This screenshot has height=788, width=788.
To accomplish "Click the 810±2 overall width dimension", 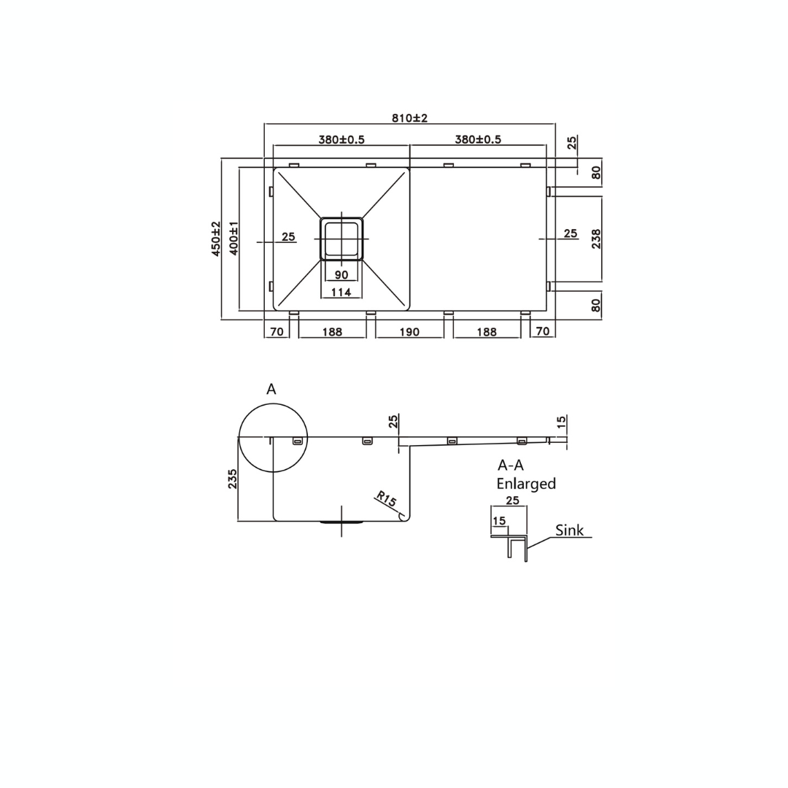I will click(x=409, y=118).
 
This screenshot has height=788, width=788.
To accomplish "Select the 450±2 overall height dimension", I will click(x=216, y=238).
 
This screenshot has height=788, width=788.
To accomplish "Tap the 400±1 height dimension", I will click(x=234, y=238).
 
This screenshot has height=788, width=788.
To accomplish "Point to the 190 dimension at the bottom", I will click(x=409, y=332).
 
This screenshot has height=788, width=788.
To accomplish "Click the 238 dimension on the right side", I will click(x=596, y=239).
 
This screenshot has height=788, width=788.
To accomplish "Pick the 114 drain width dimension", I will click(x=341, y=292).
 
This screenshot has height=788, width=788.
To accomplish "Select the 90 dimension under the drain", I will click(x=341, y=275).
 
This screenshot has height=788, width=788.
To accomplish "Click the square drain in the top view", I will click(x=341, y=239).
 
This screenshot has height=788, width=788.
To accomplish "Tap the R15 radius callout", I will click(x=385, y=501).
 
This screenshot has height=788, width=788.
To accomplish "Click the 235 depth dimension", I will click(x=233, y=479).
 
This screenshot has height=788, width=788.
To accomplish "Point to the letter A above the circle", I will click(x=271, y=390).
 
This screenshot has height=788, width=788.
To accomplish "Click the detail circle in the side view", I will click(x=273, y=438).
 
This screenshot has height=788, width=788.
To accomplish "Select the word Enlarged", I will click(x=526, y=484).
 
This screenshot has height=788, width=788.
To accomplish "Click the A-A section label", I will click(x=511, y=465).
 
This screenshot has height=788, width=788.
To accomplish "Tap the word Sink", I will click(x=569, y=530).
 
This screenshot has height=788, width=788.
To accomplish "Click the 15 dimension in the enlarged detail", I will click(x=499, y=521).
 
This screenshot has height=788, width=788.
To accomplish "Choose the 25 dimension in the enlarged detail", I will click(x=512, y=501).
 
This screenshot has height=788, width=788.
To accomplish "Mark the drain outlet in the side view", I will click(x=341, y=522).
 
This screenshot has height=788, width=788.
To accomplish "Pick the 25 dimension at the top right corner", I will click(x=572, y=142).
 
